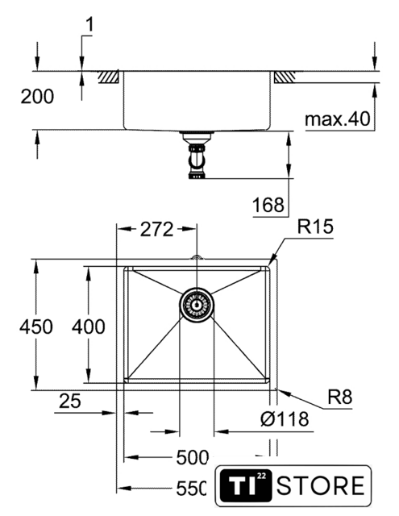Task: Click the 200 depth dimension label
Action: tap(37, 97)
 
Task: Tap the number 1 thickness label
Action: tap(89, 25)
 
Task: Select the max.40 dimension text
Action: tap(338, 119)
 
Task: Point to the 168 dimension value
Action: tap(268, 205)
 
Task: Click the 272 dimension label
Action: tap(156, 229)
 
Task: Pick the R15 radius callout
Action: tap(315, 227)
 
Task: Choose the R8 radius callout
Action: tap(340, 397)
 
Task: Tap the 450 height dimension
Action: tap(36, 327)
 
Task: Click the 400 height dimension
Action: tap(89, 327)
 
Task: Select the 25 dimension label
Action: tap(70, 402)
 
